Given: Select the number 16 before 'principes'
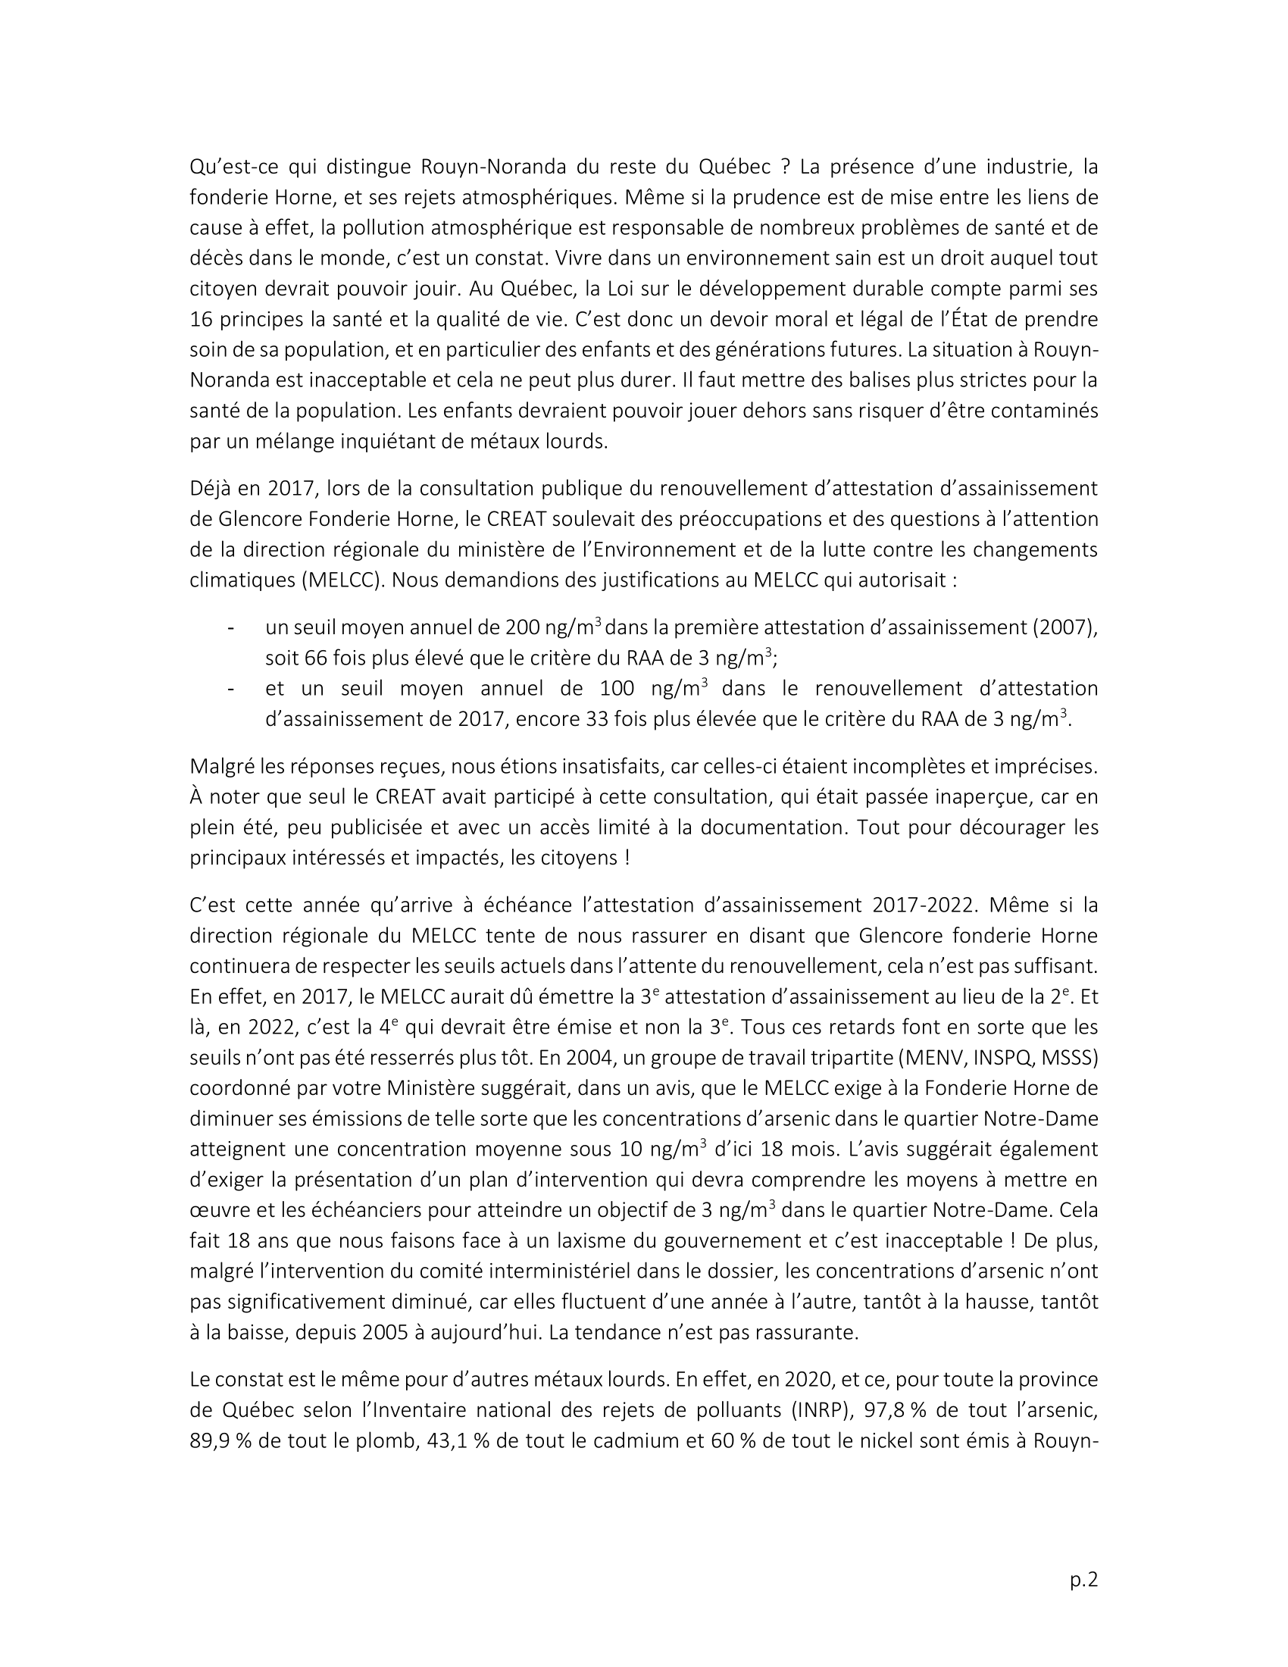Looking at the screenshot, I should tap(202, 319).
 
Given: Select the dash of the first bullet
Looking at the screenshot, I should tap(229, 627).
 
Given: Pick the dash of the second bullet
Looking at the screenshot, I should tap(229, 689).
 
